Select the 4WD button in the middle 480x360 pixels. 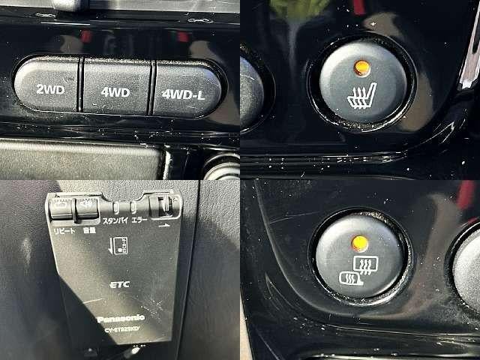pyautogui.click(x=115, y=92)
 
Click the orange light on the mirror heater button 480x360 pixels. pyautogui.click(x=360, y=242)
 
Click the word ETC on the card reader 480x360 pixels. pyautogui.click(x=120, y=285)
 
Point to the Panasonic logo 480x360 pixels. pyautogui.click(x=120, y=318)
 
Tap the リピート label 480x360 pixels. pyautogui.click(x=64, y=230)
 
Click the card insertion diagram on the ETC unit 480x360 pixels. pyautogui.click(x=119, y=245)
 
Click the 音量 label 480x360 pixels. pyautogui.click(x=88, y=232)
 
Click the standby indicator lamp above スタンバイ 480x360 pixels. pyautogui.click(x=117, y=208)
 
